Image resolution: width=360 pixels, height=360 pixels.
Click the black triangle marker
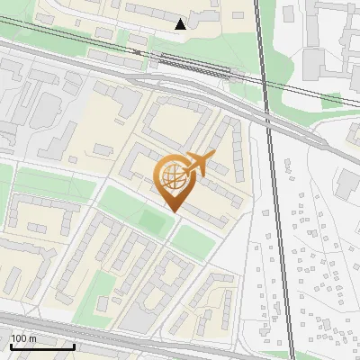pos(181,24)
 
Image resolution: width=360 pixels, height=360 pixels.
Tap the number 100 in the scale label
pos(18,338)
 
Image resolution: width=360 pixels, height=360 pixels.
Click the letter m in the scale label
pos(31,338)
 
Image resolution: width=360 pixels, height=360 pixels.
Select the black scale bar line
pos(42,346)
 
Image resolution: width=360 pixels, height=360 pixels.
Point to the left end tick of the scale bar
pos(11,345)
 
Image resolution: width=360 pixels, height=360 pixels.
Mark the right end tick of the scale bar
pos(74,345)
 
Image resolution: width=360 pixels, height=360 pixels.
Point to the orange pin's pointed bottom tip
pos(173,211)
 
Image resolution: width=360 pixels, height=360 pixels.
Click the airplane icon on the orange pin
pos(198,166)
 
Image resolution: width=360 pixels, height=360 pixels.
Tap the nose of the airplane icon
pos(212,158)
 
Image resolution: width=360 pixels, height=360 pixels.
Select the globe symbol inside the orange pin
pos(172,179)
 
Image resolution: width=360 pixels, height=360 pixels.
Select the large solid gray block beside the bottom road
pos(135,319)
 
